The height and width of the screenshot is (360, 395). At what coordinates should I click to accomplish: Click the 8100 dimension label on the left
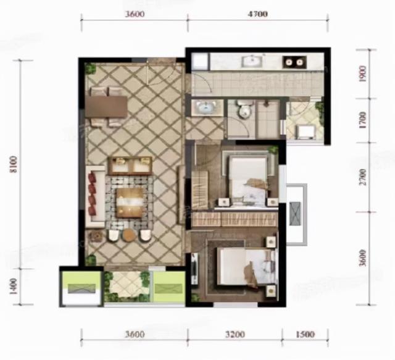click(13, 164)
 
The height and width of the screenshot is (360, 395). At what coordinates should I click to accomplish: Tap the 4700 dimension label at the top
click(257, 14)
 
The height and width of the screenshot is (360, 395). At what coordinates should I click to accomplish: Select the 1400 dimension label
click(13, 287)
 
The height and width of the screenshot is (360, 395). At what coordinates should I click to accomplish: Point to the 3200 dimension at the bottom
click(235, 334)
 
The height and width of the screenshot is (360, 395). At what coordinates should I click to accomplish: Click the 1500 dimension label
click(305, 334)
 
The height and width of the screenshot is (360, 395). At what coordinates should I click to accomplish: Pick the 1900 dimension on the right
click(363, 73)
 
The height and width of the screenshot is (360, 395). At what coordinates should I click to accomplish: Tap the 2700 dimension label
click(363, 177)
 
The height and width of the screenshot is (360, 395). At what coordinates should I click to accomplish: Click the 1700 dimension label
click(363, 120)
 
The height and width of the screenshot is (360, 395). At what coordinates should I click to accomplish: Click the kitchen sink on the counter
click(252, 61)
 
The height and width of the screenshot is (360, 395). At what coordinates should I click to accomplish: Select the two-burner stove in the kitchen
click(294, 62)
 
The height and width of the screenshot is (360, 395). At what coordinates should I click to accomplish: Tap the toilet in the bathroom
click(244, 109)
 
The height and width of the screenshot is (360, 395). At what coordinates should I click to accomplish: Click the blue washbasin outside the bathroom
click(207, 107)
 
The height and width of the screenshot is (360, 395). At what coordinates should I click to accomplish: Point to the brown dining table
click(106, 106)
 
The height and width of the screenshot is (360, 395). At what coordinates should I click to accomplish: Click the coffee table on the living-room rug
click(130, 203)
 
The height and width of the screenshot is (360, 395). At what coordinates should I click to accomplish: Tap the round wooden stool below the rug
click(129, 235)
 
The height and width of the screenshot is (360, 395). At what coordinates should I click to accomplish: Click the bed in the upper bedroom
click(248, 179)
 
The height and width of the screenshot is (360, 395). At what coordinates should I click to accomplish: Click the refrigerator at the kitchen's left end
click(199, 61)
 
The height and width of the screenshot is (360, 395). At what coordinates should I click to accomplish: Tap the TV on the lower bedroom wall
click(194, 268)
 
